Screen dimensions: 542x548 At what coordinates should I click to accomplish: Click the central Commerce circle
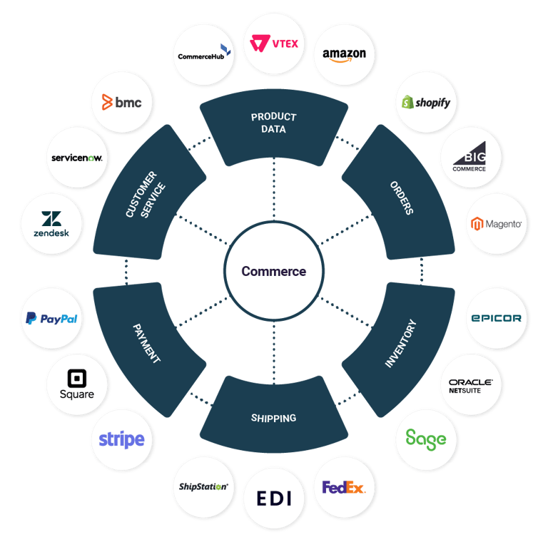[x=274, y=271]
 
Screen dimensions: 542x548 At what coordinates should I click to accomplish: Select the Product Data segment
[x=274, y=123]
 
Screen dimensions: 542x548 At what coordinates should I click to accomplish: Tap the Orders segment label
[x=402, y=197]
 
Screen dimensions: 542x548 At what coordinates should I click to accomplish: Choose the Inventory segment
[x=400, y=343]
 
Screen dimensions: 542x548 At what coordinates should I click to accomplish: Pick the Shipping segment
[x=274, y=418]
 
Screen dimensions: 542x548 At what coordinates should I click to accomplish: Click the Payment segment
[x=147, y=343]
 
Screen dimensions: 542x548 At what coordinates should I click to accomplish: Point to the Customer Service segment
[x=146, y=194]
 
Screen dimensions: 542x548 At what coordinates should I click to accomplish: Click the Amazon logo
[x=344, y=54]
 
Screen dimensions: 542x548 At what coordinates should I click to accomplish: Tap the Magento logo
[x=496, y=224]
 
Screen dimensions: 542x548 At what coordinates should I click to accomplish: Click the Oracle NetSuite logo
[x=470, y=387]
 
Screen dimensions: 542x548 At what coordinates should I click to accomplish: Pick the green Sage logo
[x=426, y=439]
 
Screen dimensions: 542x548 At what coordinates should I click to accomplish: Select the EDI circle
[x=275, y=498]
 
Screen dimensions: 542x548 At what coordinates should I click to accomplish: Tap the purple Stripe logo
[x=121, y=439]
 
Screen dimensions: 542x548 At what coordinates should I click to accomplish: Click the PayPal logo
[x=51, y=319]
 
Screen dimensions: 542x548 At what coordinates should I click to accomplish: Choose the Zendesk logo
[x=51, y=224]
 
